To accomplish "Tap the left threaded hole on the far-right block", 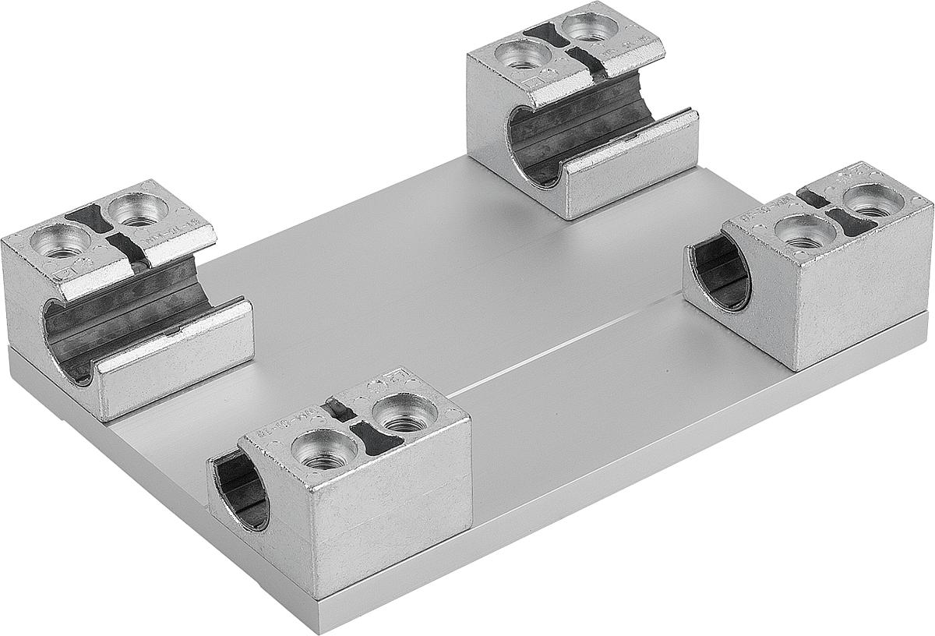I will click(803, 231).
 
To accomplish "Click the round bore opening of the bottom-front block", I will click(240, 493).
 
